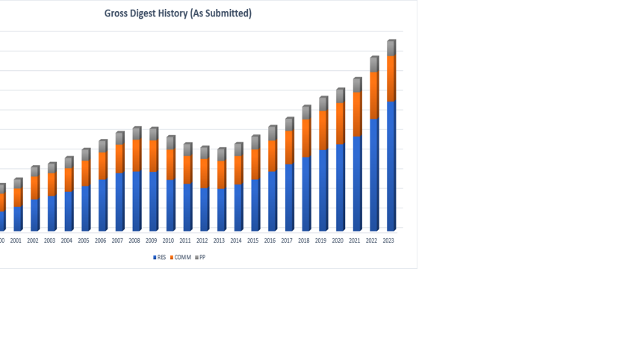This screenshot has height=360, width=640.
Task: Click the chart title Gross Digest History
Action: (178, 13)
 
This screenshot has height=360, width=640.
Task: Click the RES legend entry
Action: (160, 257)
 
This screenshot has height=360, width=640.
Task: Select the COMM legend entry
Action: (181, 257)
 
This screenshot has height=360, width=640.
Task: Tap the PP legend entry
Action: (200, 257)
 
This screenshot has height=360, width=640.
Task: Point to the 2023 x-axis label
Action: (388, 240)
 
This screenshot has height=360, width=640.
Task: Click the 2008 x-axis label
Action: (134, 240)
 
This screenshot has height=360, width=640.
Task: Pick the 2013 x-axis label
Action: (219, 240)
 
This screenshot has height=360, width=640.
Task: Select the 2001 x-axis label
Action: (16, 240)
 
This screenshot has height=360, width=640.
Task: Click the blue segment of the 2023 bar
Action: (391, 164)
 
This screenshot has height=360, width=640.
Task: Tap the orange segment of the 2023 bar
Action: (391, 78)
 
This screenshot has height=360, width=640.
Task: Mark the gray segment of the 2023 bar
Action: (391, 49)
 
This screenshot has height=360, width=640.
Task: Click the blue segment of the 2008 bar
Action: (136, 200)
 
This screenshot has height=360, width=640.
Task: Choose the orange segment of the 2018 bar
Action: (305, 138)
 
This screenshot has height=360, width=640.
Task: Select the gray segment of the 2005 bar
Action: (85, 155)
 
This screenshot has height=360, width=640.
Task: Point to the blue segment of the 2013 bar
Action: (220, 209)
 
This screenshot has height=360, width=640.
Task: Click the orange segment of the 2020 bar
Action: (339, 123)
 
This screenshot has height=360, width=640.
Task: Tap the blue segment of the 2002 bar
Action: (34, 214)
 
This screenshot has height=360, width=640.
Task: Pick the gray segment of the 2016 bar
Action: (272, 133)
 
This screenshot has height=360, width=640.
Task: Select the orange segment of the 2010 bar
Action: (170, 164)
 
